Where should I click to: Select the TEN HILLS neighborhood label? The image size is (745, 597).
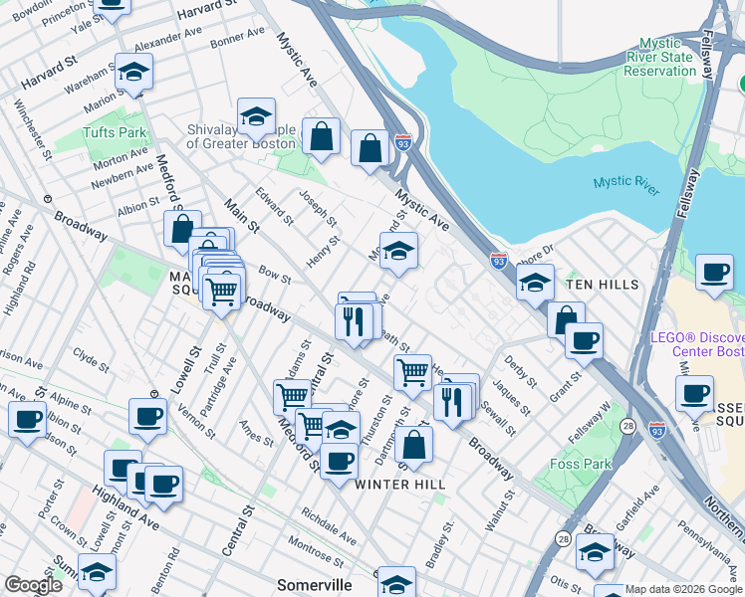pyautogui.click(x=602, y=285)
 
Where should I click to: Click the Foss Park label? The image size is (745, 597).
pyautogui.click(x=579, y=463)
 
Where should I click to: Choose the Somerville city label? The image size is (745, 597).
pyautogui.click(x=314, y=585)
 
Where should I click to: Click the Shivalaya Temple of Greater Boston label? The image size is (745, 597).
pyautogui.click(x=241, y=136)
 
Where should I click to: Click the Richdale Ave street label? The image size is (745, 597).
pyautogui.click(x=329, y=528)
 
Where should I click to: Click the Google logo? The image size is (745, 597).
pyautogui.click(x=33, y=585)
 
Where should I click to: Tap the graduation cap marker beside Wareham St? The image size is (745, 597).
pyautogui.click(x=132, y=71)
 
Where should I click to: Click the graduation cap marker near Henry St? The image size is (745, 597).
pyautogui.click(x=398, y=251)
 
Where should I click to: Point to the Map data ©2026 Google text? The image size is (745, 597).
pyautogui.click(x=683, y=589)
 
